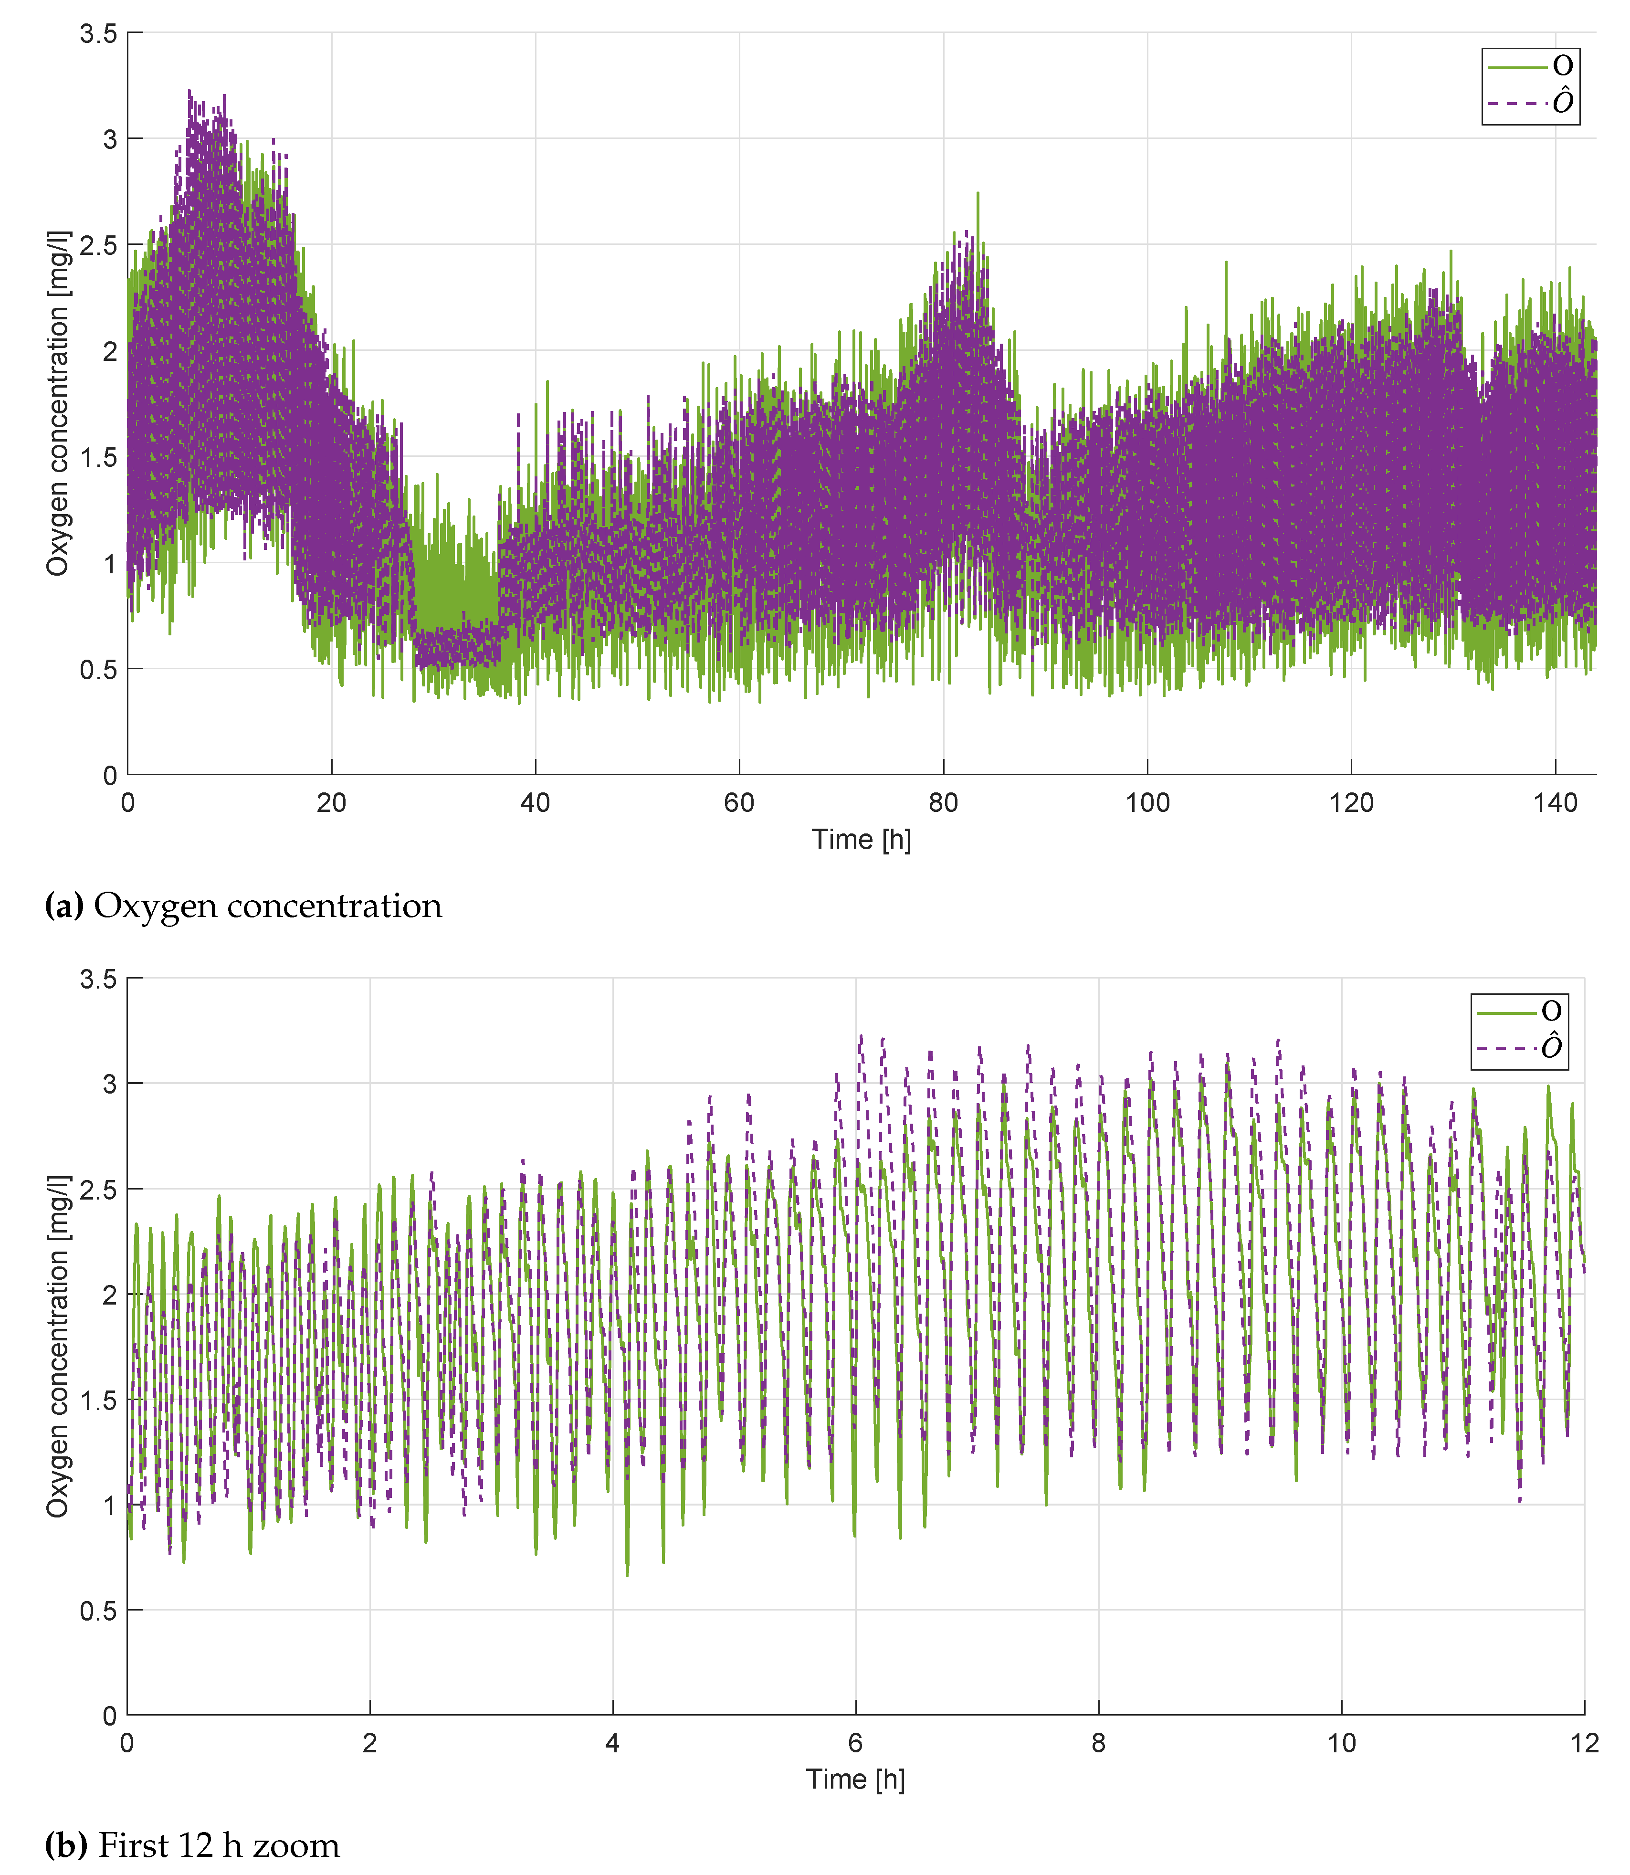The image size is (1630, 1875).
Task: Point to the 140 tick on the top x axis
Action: click(x=1555, y=802)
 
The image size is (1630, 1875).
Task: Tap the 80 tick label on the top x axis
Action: click(x=943, y=802)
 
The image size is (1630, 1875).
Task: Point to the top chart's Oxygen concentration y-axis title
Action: click(x=57, y=403)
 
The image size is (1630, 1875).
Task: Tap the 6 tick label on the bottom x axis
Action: click(x=855, y=1743)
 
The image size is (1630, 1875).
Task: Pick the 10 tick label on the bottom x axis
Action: click(x=1341, y=1743)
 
